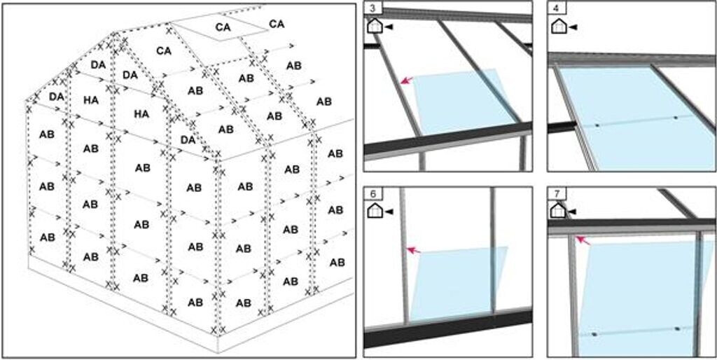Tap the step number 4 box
557,8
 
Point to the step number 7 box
557,194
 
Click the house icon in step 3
375,26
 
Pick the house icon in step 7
558,210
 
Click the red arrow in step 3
406,81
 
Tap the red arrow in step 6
414,249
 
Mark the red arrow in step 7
582,241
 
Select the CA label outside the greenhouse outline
277,24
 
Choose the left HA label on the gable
91,100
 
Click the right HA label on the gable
142,113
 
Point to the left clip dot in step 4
597,125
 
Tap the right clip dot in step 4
675,118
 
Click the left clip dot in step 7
594,334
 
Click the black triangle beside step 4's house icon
573,27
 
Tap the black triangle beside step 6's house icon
389,211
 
